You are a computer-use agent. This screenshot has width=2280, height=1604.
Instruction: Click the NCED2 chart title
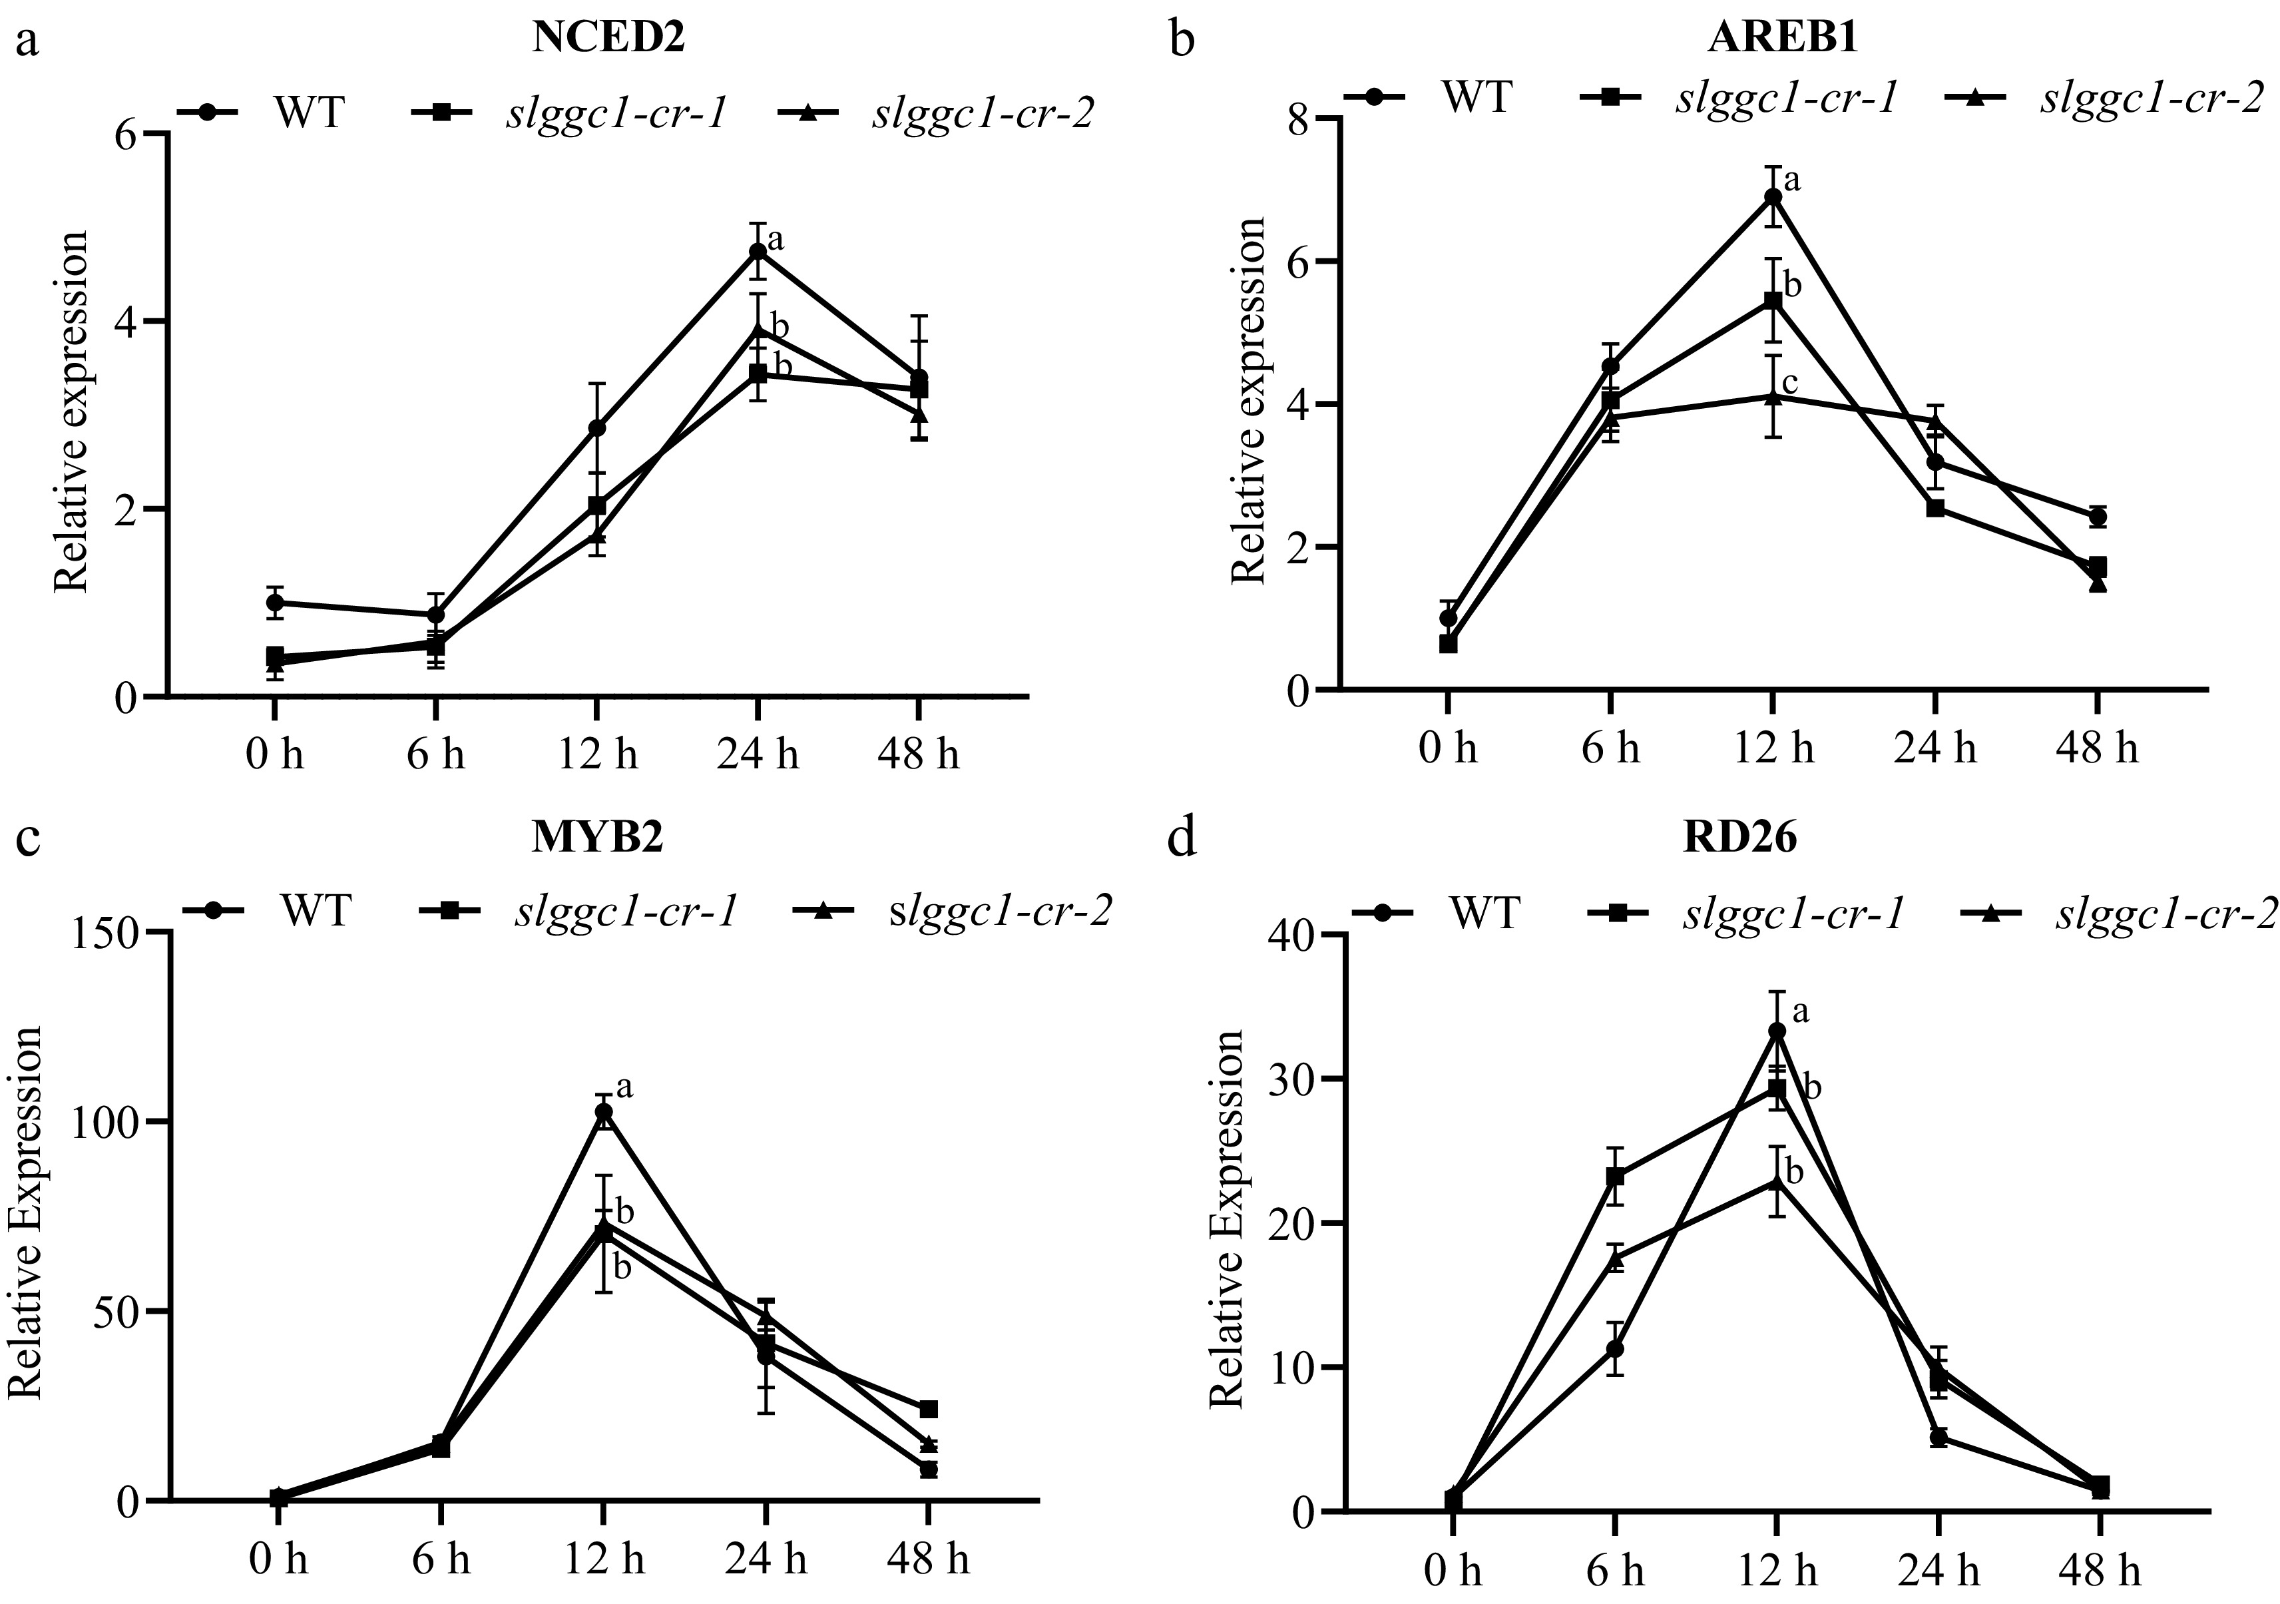pos(608,38)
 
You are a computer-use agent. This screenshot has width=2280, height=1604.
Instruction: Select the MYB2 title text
pos(596,838)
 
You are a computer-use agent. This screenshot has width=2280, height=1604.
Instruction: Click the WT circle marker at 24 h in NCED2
pos(758,251)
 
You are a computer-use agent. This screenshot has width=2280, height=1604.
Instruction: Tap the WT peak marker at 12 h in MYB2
pos(604,1113)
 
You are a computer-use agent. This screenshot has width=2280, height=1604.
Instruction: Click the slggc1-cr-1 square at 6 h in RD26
pos(1616,1177)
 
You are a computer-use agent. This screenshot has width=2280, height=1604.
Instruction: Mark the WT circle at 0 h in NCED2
pos(275,602)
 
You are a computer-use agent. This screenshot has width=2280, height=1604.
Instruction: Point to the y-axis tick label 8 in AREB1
pos(1296,119)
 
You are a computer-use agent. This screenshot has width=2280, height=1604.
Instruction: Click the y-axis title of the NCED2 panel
pos(71,412)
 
